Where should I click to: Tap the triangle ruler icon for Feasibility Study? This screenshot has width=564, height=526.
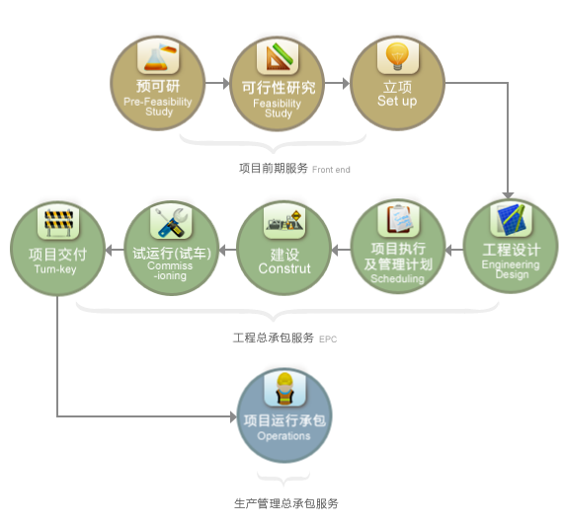click(278, 57)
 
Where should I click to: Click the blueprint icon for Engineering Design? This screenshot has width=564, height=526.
click(511, 220)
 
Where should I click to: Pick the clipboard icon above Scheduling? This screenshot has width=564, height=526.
click(398, 220)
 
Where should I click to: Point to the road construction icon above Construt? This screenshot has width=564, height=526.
click(284, 221)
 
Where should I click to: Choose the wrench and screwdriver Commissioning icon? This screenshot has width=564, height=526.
click(171, 222)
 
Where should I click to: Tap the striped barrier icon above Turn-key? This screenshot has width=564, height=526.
click(58, 222)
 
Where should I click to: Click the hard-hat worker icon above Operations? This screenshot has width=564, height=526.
click(284, 389)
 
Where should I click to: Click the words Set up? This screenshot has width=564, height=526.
click(397, 102)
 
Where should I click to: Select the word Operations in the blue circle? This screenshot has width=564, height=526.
click(283, 436)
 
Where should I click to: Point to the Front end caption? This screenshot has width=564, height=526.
click(331, 170)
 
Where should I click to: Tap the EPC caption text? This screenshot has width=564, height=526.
click(328, 339)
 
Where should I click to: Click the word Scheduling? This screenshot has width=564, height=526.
click(397, 279)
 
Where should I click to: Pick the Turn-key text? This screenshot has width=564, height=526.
click(55, 269)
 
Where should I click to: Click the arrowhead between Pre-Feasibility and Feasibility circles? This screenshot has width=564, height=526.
click(226, 83)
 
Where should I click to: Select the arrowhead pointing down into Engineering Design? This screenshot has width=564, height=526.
click(508, 195)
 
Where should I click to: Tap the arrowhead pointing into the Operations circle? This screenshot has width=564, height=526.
click(233, 417)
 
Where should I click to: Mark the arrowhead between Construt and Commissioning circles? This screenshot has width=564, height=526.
click(222, 250)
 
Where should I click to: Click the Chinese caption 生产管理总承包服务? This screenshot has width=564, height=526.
click(286, 503)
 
